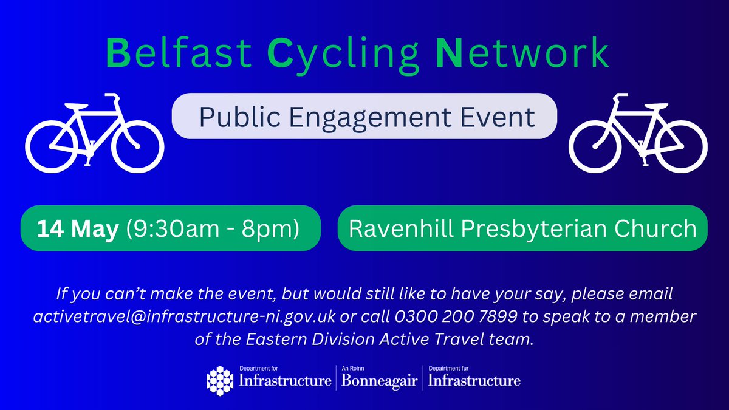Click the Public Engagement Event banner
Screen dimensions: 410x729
[364, 116]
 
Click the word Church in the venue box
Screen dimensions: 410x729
[659, 228]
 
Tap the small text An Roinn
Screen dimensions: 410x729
[352, 368]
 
